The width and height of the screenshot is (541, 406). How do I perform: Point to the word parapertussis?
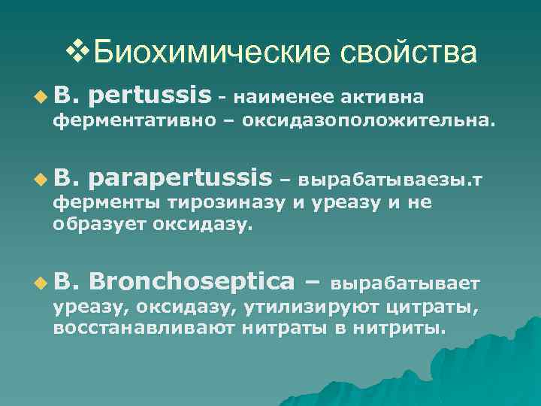pos(184,179)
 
